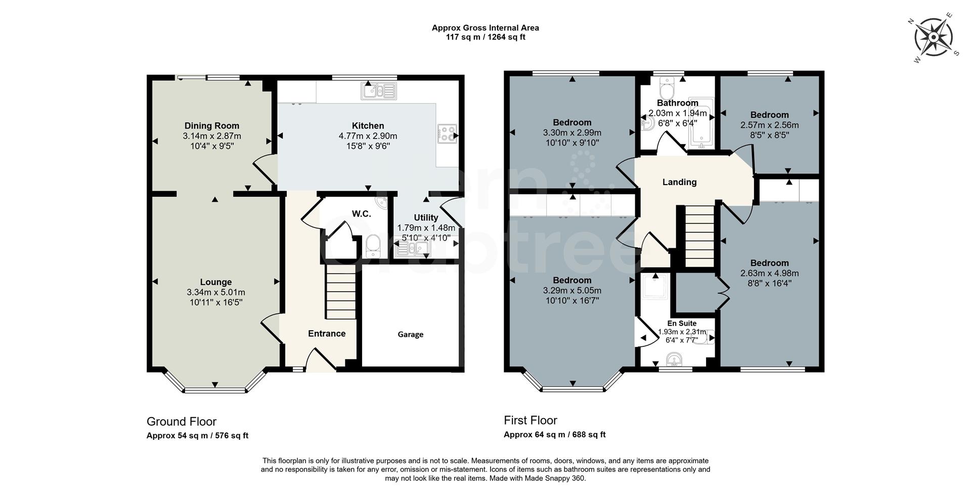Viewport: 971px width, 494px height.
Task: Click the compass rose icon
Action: (933, 37)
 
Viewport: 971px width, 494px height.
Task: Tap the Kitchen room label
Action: (368, 126)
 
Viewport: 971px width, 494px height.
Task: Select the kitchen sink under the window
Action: (378, 91)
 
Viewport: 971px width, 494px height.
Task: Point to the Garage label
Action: (410, 335)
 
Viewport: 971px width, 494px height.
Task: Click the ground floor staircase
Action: (340, 293)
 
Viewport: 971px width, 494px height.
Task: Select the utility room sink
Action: (412, 248)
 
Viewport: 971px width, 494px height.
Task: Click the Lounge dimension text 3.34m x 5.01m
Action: (216, 292)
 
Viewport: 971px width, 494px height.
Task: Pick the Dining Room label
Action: (212, 126)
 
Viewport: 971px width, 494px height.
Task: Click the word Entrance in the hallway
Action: (327, 334)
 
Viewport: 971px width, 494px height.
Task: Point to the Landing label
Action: (679, 182)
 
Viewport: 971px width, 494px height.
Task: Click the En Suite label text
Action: (682, 324)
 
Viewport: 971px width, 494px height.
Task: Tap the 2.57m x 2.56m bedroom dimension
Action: (769, 125)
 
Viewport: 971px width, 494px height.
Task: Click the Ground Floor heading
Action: (182, 422)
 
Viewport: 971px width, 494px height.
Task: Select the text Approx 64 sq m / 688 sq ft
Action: (554, 435)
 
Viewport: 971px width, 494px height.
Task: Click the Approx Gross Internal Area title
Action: (485, 28)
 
